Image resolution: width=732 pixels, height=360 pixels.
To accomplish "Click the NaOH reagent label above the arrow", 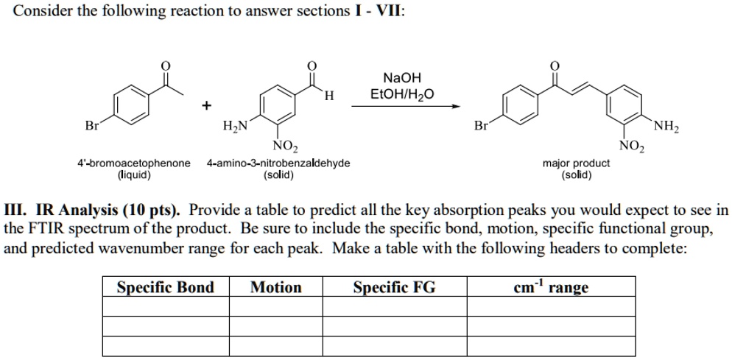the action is tap(402, 77).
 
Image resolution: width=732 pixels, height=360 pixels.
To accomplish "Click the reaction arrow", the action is tap(406, 107).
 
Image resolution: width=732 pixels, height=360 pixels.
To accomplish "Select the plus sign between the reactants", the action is tap(206, 106).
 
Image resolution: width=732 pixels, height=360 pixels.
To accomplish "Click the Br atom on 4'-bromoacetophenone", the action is tap(91, 126).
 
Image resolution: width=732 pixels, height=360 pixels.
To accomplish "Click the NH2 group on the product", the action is tap(666, 127).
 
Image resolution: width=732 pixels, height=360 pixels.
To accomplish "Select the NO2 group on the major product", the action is tap(632, 147).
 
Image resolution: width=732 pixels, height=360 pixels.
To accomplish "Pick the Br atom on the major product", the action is tap(481, 126).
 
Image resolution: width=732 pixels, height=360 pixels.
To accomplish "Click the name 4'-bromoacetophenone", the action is tap(134, 164).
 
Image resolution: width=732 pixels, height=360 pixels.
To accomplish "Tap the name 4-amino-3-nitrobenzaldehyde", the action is tap(278, 164).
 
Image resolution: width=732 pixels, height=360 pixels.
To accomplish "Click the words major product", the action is tap(576, 164).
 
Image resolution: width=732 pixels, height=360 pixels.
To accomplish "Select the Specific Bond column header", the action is tap(165, 287).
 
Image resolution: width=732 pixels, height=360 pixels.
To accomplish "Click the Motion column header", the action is tap(276, 287).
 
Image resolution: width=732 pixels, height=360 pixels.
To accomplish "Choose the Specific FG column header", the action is tap(395, 287).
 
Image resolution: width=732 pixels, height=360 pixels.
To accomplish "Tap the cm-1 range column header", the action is tap(551, 286).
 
